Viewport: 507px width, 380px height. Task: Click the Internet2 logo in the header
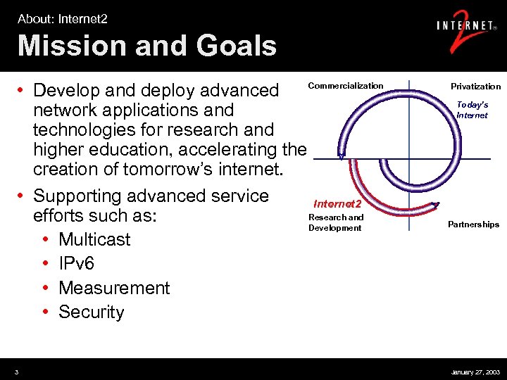(464, 30)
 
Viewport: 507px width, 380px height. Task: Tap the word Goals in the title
(231, 46)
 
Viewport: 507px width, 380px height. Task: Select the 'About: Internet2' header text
(63, 19)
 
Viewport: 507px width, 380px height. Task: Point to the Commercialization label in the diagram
(346, 86)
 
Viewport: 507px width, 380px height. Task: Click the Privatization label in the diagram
(475, 87)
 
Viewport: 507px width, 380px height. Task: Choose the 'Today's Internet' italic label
(472, 110)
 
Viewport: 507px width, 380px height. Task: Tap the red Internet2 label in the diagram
(337, 204)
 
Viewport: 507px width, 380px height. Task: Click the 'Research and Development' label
(336, 222)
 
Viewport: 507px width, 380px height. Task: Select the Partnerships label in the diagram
(473, 224)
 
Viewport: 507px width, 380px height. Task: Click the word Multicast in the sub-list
(94, 239)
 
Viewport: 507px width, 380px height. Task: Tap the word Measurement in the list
(114, 288)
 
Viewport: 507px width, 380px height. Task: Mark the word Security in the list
(92, 312)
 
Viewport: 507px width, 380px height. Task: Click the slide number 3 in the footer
(16, 372)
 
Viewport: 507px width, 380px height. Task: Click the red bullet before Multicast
(45, 240)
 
